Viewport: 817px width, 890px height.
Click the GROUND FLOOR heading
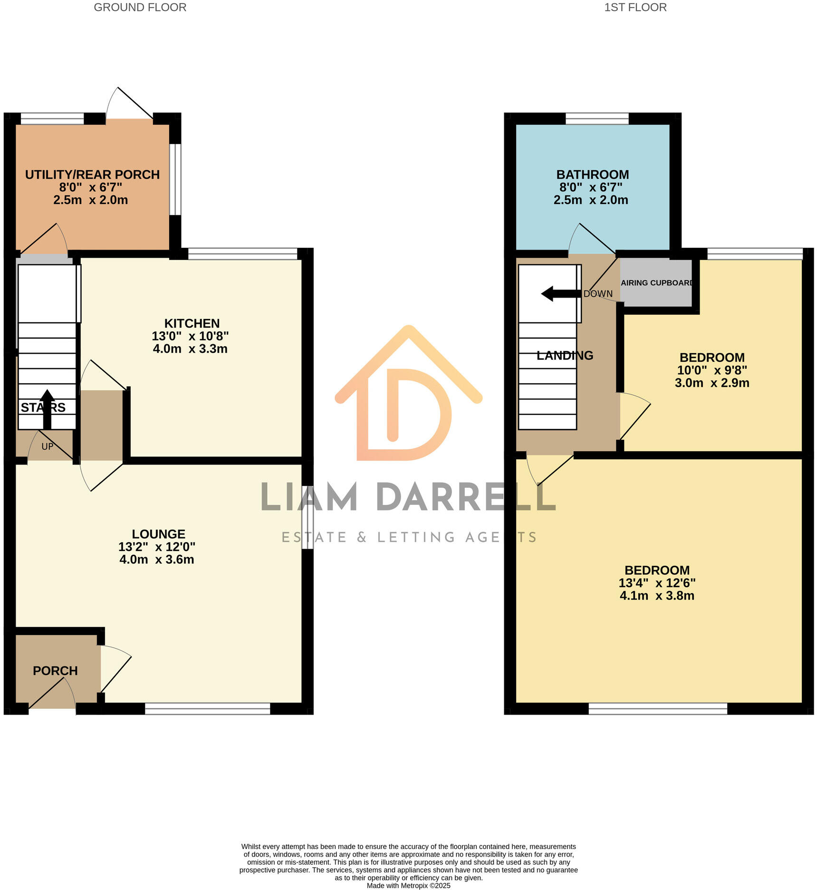140,8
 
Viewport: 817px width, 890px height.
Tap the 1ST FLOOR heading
635,8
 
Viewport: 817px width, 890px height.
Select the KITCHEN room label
192,323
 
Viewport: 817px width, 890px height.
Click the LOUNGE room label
158,534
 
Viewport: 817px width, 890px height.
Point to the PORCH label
55,671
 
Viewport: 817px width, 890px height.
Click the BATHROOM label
592,174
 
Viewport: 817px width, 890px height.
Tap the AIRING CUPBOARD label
656,283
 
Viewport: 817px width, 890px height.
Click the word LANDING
565,355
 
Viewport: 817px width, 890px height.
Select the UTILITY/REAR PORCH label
92,174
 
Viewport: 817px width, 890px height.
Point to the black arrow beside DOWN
560,294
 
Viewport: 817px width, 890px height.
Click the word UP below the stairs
47,446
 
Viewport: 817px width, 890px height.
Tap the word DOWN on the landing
598,294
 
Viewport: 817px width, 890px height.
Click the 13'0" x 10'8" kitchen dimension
190,336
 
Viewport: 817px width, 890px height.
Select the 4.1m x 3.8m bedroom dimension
657,596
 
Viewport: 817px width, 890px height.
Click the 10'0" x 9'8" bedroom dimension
712,370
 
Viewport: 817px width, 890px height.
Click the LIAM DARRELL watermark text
408,497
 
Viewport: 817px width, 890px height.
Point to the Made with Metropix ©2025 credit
408,886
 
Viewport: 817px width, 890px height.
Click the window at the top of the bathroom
597,118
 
